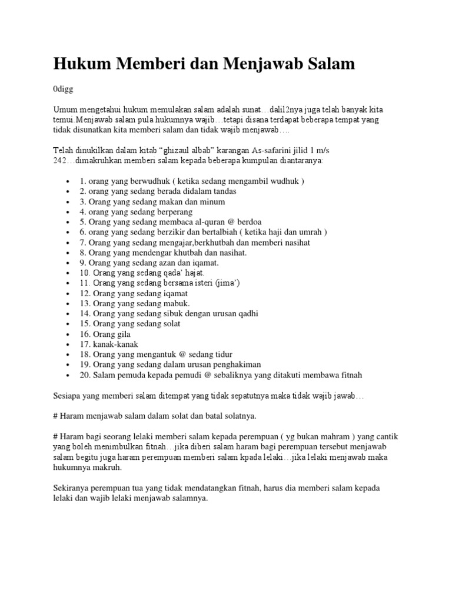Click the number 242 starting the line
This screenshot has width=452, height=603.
tap(61, 160)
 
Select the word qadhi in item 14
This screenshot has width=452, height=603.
tap(247, 313)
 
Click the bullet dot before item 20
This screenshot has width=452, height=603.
tap(69, 375)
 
